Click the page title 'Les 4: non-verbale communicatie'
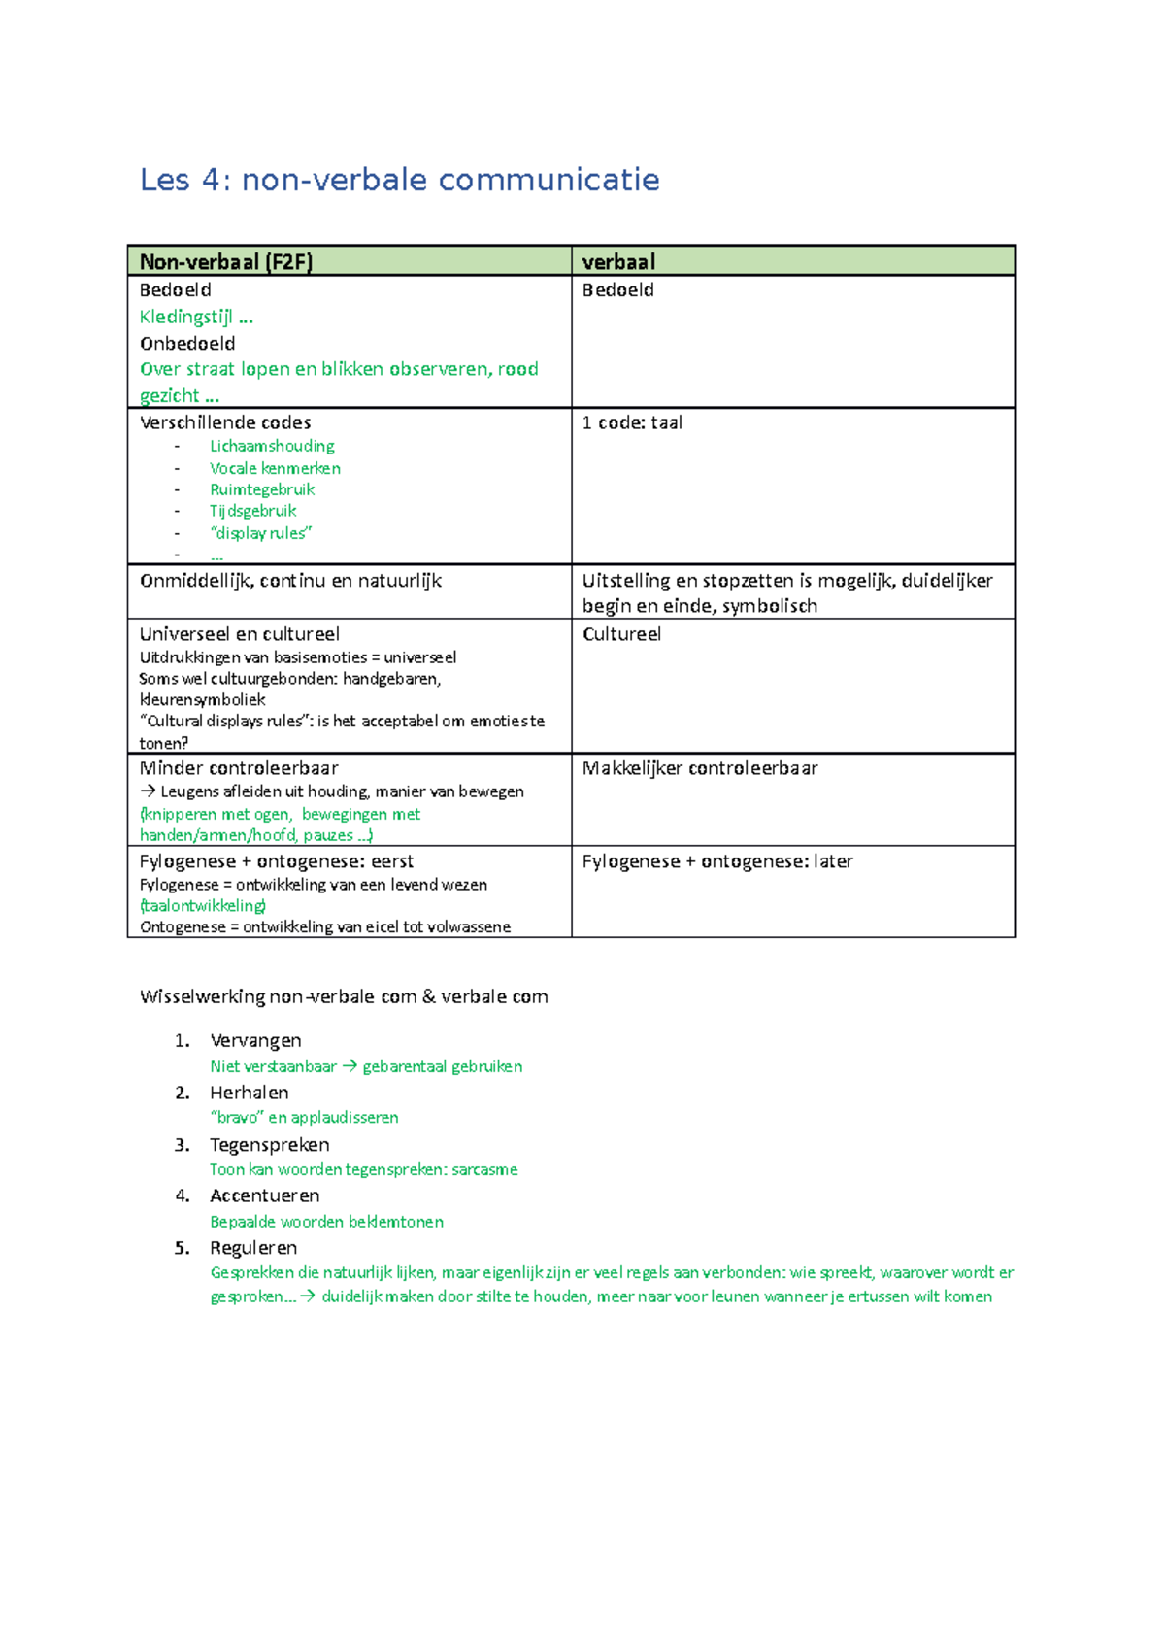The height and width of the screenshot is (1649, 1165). pos(399,181)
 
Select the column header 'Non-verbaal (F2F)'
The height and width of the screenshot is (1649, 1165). pos(225,262)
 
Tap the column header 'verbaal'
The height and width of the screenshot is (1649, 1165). pos(618,262)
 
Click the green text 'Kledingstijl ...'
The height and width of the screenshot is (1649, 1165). pos(196,317)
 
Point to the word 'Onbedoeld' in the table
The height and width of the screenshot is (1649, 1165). pos(187,344)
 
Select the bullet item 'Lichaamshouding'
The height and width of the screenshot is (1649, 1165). pos(272,446)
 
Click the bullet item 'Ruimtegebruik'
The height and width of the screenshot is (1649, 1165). pos(262,489)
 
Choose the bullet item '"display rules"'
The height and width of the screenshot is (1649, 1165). pos(260,533)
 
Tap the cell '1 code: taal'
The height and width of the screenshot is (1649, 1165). pos(632,422)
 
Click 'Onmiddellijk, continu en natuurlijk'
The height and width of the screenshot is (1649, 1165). pos(290,581)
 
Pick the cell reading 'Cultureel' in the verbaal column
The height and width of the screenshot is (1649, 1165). pos(621,634)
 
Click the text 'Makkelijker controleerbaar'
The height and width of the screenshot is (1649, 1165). pos(700,768)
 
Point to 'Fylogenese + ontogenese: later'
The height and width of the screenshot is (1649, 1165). pos(717,861)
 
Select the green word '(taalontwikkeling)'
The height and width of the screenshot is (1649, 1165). pos(203,905)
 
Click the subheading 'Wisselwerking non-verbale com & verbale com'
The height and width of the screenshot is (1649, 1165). pos(344,996)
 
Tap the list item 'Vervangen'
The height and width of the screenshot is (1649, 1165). pos(255,1041)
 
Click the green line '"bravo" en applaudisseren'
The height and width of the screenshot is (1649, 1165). pos(304,1118)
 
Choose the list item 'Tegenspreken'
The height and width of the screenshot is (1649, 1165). pos(269,1145)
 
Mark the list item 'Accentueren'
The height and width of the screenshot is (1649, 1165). pos(264,1195)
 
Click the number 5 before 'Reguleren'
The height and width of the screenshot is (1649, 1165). pos(182,1248)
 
